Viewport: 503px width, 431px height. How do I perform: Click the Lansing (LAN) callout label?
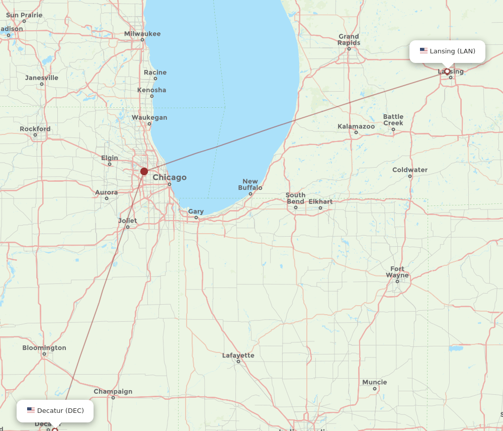[x=447, y=51]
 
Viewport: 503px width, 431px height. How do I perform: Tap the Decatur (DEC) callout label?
[x=55, y=411]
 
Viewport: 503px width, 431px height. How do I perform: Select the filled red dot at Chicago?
[x=144, y=171]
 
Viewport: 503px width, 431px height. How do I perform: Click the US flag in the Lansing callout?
[x=424, y=51]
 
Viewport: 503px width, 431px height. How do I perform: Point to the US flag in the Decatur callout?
[x=31, y=410]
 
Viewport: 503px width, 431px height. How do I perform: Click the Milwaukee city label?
[x=142, y=34]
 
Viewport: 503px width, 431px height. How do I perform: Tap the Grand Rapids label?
[x=349, y=39]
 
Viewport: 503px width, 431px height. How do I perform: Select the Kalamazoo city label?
[x=356, y=126]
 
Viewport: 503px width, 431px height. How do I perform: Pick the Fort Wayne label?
[x=397, y=272]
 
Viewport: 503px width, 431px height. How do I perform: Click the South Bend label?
[x=295, y=198]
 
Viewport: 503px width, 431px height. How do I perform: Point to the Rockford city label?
[x=35, y=129]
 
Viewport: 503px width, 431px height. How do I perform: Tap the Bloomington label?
[x=44, y=348]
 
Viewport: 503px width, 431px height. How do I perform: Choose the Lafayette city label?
[x=238, y=355]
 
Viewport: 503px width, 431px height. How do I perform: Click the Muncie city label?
[x=375, y=382]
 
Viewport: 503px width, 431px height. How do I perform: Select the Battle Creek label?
[x=393, y=120]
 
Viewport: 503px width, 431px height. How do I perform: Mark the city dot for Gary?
[x=196, y=218]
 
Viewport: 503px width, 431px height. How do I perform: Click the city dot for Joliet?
[x=128, y=227]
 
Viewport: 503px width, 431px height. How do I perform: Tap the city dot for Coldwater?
[x=410, y=176]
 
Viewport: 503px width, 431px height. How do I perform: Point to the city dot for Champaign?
[x=113, y=398]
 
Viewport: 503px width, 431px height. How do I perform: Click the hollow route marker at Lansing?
[x=447, y=71]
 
